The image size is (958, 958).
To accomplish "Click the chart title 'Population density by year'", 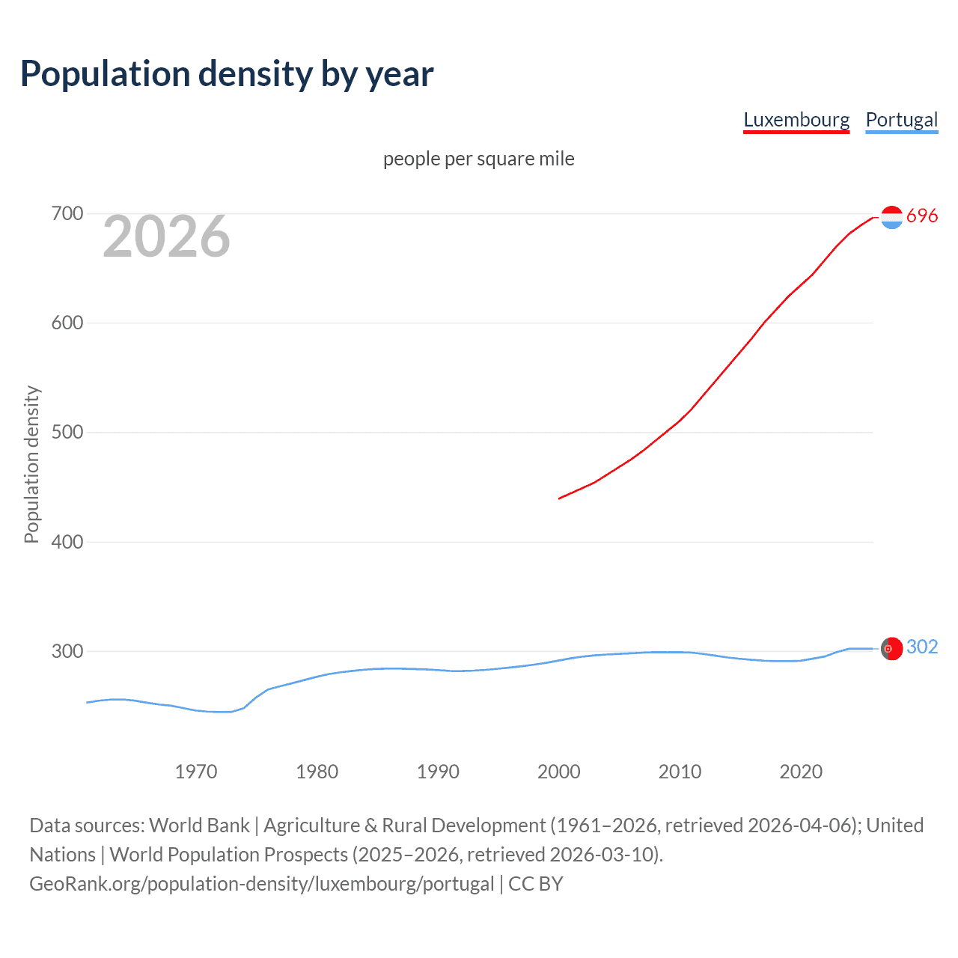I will coord(227,74).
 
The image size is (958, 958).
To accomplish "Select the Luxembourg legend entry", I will coord(796,120).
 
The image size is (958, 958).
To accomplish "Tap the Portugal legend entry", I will coord(901,120).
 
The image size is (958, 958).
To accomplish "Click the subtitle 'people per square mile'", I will coord(478,159).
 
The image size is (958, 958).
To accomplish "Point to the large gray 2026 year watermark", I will coord(166,237).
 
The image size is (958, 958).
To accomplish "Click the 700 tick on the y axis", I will coord(67,214).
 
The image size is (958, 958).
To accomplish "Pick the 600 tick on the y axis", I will coord(67,323).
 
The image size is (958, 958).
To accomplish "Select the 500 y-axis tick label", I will coord(67,433).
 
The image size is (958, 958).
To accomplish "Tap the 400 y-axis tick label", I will coord(67,542).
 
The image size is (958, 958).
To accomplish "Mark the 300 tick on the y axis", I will coord(67,651).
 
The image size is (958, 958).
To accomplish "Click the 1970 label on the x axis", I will coord(196,772).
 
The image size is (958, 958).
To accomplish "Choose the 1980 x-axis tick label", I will coord(317,772).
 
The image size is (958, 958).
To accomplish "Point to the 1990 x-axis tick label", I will coord(438,772).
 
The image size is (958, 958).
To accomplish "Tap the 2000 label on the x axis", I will coord(559,772).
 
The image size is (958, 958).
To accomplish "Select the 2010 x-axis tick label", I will coord(680,772).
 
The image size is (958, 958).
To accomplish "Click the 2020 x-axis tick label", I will coord(801,772).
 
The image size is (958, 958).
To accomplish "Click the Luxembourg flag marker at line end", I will coord(891,217).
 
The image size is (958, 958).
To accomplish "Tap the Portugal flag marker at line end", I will coord(891,648).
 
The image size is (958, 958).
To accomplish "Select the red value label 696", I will coord(922,216).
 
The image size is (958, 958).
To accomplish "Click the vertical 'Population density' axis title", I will coord(31,464).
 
